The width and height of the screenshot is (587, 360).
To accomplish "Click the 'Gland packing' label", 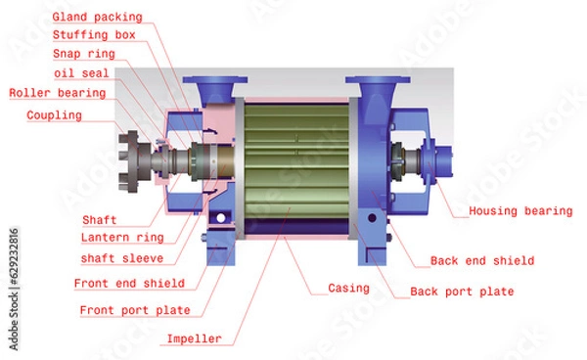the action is (x=97, y=18).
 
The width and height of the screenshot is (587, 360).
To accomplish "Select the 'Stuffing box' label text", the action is (x=94, y=35).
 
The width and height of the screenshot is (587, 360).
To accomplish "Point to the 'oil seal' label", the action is (x=81, y=73).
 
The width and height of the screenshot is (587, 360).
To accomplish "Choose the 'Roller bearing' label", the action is (x=57, y=93).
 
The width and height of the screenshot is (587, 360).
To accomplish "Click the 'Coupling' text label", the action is (x=55, y=115).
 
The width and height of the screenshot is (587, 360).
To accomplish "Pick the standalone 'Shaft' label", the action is (x=99, y=220).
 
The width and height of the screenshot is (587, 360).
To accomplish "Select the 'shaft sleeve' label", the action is (x=121, y=259).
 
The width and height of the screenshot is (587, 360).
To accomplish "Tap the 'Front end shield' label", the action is (x=129, y=284).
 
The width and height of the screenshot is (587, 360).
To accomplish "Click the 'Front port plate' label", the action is (x=134, y=310).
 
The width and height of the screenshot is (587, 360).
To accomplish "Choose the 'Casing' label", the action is (x=349, y=289).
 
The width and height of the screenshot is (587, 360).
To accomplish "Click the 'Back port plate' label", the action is (x=462, y=292).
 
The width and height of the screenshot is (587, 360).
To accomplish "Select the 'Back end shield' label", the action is (x=482, y=261).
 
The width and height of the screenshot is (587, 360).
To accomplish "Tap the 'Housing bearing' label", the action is (x=520, y=211).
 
